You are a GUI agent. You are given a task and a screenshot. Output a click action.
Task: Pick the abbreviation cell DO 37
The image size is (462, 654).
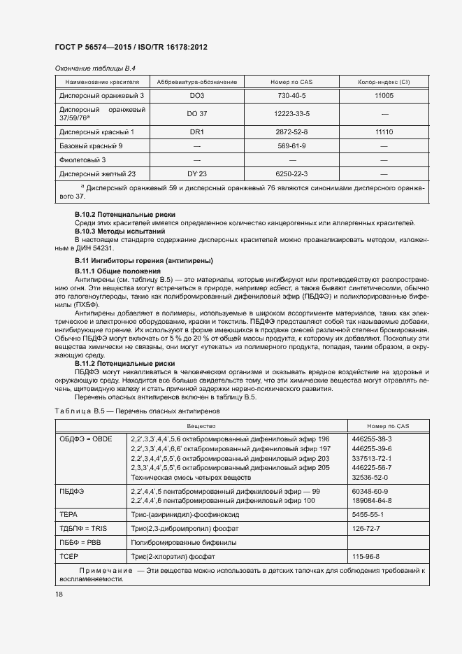tap(197, 113)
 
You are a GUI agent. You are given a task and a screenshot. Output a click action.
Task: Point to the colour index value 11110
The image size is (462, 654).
tap(384, 131)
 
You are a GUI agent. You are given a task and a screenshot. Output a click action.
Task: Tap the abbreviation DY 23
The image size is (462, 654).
tap(197, 173)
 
